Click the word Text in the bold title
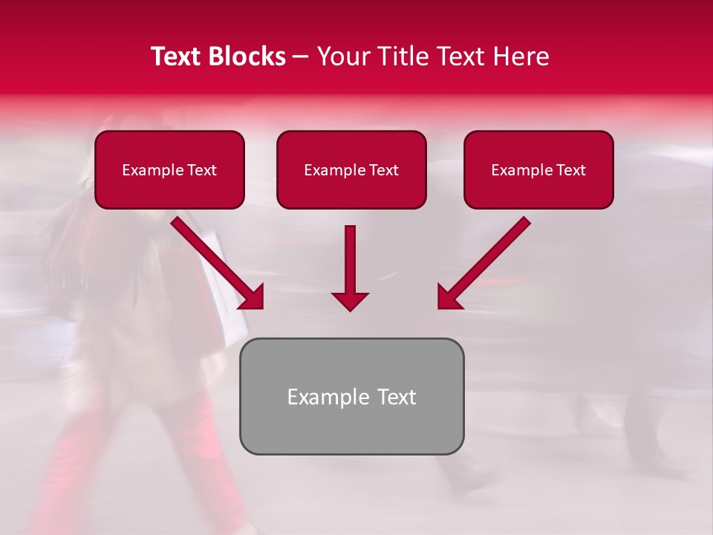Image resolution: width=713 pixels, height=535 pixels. point(177,56)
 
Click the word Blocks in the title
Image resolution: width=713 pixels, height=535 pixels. point(247,56)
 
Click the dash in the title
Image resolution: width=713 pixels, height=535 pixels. point(301,57)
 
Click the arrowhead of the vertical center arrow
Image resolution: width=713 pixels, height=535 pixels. point(350,300)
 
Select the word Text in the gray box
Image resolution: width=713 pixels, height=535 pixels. point(397,397)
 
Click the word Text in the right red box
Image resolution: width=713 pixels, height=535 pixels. point(571,170)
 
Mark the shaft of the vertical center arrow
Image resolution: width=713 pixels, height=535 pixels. point(350,256)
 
